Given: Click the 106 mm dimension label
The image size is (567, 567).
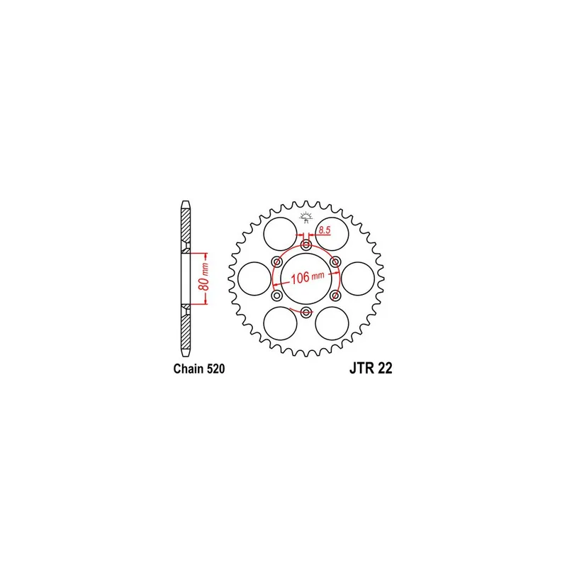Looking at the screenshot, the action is (x=308, y=278).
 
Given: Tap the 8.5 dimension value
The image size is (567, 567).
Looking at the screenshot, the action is (x=325, y=230).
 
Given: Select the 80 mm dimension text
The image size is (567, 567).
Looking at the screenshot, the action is (x=205, y=277).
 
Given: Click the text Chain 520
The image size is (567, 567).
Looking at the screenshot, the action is (x=199, y=369).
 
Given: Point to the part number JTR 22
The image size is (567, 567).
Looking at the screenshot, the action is (x=371, y=368).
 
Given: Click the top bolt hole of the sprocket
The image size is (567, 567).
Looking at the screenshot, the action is (x=306, y=245).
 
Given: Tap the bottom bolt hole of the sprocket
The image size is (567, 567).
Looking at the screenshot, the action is (x=306, y=312).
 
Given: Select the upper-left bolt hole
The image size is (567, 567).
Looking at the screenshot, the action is (x=277, y=262).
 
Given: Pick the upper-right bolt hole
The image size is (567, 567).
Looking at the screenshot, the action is (x=335, y=262).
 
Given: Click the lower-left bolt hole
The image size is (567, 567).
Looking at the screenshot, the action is (x=277, y=296).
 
